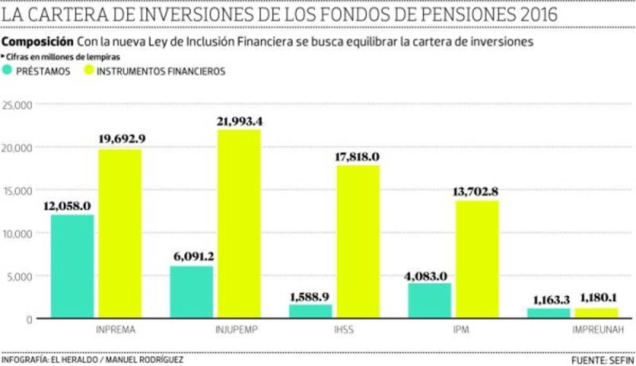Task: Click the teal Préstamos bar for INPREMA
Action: point(73,266)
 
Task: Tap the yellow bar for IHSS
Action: point(358,242)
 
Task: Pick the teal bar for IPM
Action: point(429,301)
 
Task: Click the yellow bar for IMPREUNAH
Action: point(597,313)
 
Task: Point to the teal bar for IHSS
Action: point(310,311)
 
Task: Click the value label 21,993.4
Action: point(239,121)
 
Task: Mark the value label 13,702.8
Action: point(475,192)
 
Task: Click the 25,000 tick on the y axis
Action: point(18,105)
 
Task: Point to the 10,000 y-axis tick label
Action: point(18,233)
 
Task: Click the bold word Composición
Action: point(38,42)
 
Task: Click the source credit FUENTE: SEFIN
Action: point(603,360)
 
